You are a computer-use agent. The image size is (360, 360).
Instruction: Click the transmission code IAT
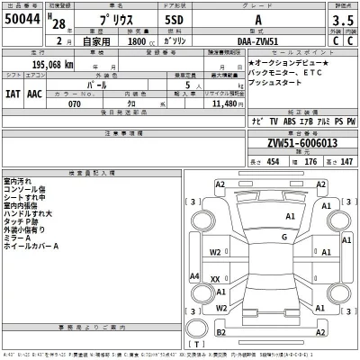point(16,92)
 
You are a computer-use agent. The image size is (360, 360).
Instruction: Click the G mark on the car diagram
point(283,237)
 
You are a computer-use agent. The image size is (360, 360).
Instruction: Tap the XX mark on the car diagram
point(216,280)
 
